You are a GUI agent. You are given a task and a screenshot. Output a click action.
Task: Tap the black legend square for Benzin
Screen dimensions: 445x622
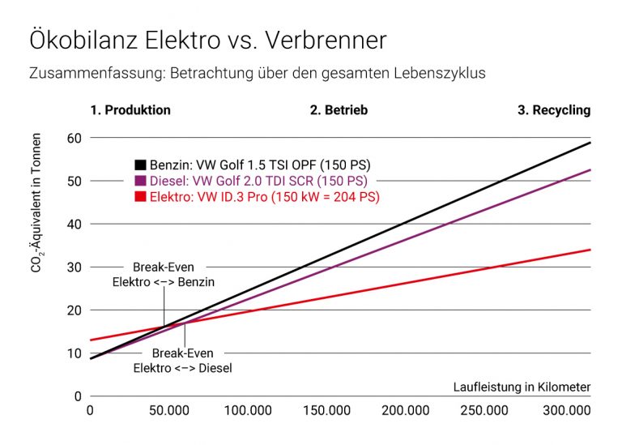coord(140,165)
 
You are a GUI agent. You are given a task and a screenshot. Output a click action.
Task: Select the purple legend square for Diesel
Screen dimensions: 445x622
coord(140,181)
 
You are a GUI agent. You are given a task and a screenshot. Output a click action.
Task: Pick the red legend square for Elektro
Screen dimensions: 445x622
coord(140,197)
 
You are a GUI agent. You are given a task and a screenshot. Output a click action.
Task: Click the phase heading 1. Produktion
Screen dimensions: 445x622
coord(131,110)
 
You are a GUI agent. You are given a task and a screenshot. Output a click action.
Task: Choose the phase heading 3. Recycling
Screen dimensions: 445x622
coord(554,110)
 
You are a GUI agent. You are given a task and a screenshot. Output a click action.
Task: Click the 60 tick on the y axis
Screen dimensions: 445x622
coord(74,137)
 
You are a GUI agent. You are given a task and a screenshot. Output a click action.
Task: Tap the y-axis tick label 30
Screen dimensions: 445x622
coord(74,267)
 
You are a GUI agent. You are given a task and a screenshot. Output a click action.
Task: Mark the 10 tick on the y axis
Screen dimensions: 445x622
coord(74,353)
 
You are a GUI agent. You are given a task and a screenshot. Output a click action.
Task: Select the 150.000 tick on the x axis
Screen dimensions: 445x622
coord(327,411)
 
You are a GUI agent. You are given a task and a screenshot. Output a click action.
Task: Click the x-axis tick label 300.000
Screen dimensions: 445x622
coord(565,411)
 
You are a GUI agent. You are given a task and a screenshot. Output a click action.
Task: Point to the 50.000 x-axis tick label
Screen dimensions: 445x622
coord(168,411)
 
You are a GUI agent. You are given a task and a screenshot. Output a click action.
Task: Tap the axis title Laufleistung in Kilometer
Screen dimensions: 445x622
coord(522,387)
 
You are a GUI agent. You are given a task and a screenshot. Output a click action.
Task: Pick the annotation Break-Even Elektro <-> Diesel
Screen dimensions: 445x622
coord(183,360)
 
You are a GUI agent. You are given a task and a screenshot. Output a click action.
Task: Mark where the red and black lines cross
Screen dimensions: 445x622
coord(164,326)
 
